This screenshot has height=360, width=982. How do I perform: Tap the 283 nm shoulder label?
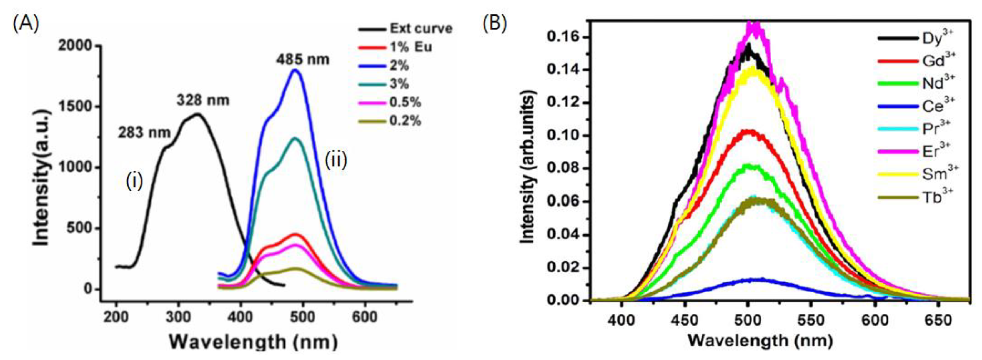click(144, 133)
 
